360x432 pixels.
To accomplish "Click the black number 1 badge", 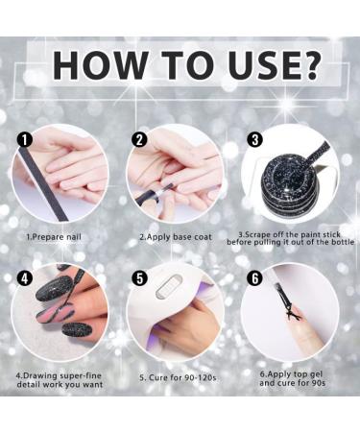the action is tap(25, 140).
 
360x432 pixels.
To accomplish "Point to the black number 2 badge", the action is tap(139, 140).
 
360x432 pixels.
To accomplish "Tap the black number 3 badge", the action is tap(255, 140).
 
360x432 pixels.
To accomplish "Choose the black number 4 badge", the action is tap(25, 278).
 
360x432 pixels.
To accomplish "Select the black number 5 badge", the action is tap(140, 278).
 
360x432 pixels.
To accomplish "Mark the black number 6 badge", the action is tap(255, 278).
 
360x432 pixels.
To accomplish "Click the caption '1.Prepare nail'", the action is tap(54, 237).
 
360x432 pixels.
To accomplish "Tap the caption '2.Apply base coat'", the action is tap(176, 237).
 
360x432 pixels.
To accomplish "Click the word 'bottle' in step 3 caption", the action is tap(342, 242).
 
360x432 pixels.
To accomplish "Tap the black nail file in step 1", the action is tap(44, 184).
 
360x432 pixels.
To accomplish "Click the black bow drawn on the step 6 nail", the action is tap(295, 314).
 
